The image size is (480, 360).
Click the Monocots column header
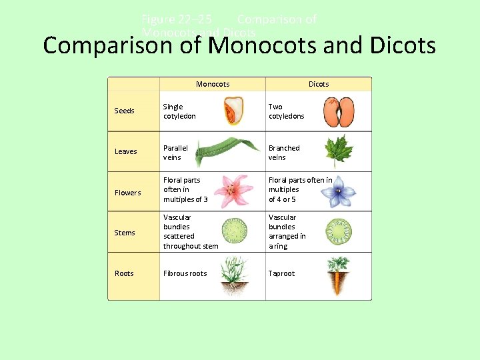[x=213, y=84]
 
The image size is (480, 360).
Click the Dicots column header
[x=319, y=84]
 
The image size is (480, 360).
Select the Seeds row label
[x=125, y=111]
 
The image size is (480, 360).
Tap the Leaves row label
[x=125, y=151]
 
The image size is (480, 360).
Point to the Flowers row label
[x=128, y=193]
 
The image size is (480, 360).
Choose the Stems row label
[x=125, y=233]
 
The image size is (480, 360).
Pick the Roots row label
[x=124, y=273]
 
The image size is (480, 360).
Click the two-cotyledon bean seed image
[x=339, y=111]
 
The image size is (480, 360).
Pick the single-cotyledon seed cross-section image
[x=233, y=111]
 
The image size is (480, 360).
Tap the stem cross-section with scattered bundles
[x=234, y=231]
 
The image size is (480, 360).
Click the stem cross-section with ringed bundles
[x=339, y=231]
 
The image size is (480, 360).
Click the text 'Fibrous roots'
[x=185, y=273]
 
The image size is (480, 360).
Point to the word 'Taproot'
[x=281, y=273]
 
